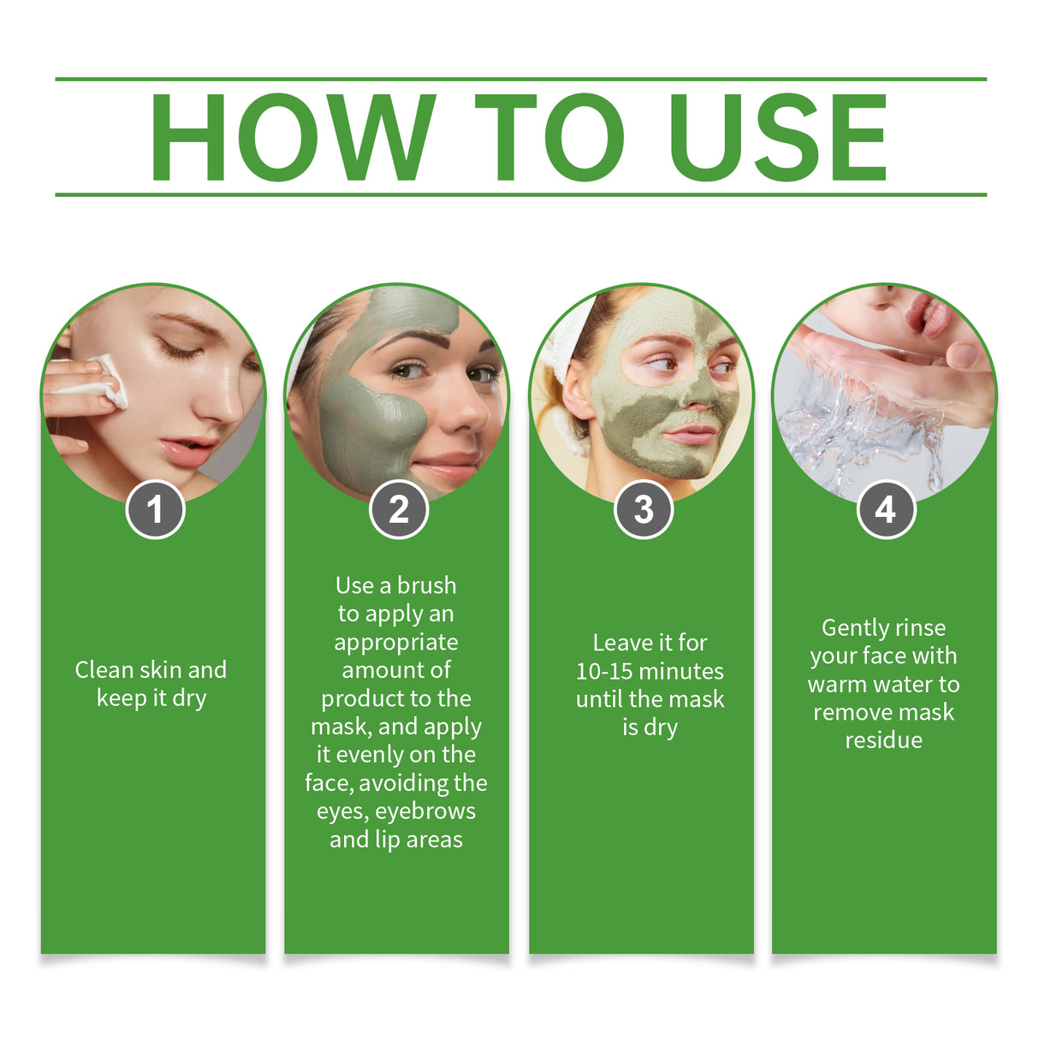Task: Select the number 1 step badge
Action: click(x=155, y=510)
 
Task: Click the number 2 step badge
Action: click(x=399, y=510)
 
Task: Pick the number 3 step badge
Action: click(x=644, y=510)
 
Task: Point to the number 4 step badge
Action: click(x=886, y=510)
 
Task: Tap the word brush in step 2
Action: click(x=426, y=585)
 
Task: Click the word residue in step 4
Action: click(x=883, y=740)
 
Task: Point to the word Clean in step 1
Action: click(x=105, y=669)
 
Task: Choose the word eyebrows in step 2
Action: click(x=425, y=811)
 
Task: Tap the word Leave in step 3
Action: click(x=621, y=643)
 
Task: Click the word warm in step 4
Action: click(x=837, y=685)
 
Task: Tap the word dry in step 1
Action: click(x=189, y=698)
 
